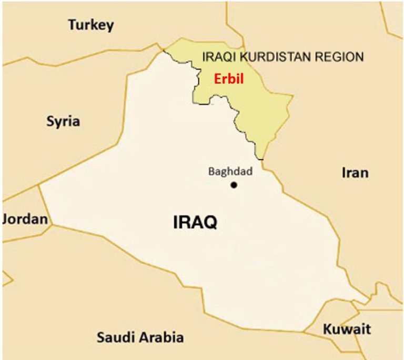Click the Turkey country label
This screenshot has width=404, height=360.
[91, 25]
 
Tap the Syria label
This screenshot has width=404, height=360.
[63, 122]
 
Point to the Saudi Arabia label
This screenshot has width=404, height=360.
[140, 337]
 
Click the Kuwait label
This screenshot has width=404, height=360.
[347, 330]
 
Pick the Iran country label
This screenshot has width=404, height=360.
[355, 173]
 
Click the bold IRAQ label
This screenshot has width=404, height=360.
[195, 223]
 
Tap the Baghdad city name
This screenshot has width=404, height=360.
[230, 172]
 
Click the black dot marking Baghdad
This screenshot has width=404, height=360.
[234, 185]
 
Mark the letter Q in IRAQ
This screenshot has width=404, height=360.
[210, 223]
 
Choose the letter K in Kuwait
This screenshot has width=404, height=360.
[327, 330]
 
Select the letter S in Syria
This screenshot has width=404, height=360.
[50, 122]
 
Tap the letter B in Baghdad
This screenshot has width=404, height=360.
[211, 172]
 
